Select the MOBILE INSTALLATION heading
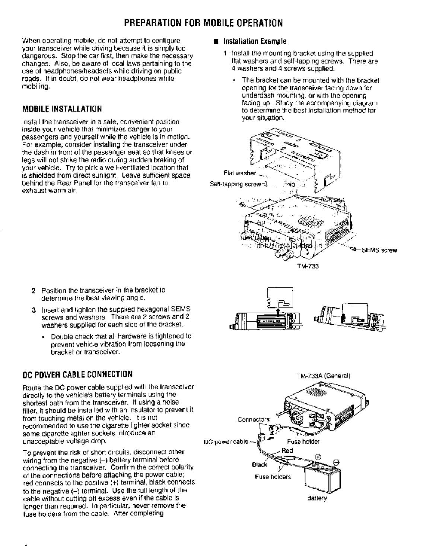pyautogui.click(x=62, y=109)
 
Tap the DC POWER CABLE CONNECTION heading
pyautogui.click(x=77, y=374)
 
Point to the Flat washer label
pyautogui.click(x=240, y=173)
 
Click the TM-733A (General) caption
pyautogui.click(x=324, y=376)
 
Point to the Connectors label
pyautogui.click(x=253, y=419)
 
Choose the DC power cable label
pyautogui.click(x=226, y=442)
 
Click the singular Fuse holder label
pyautogui.click(x=303, y=442)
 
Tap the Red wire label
pyautogui.click(x=287, y=450)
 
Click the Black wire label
pyautogui.click(x=260, y=464)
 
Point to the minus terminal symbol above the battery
pyautogui.click(x=336, y=462)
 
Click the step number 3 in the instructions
pyautogui.click(x=33, y=309)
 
